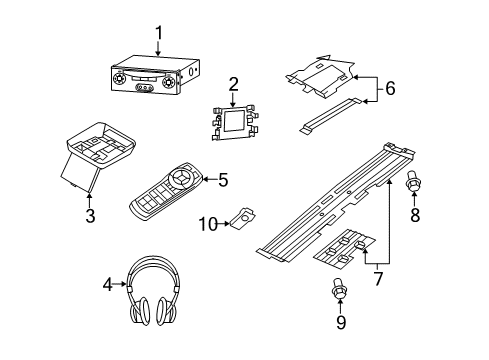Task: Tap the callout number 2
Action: point(232,84)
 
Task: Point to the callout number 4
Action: point(108,285)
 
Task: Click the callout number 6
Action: point(390,88)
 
